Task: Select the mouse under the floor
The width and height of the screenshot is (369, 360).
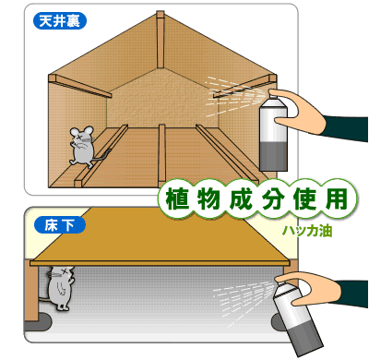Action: (x=61, y=287)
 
